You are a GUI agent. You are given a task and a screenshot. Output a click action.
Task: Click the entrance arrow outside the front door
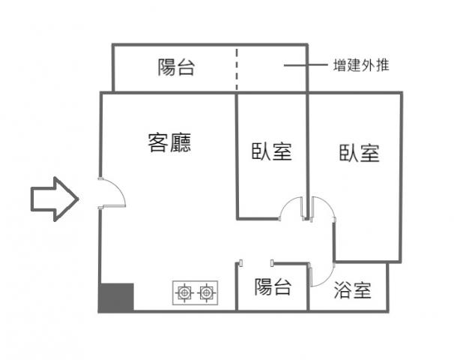(55, 199)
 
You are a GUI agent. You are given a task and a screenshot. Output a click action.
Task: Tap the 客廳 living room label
(169, 142)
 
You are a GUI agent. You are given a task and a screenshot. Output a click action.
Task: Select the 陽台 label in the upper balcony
(176, 67)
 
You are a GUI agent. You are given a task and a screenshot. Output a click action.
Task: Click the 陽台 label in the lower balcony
(273, 286)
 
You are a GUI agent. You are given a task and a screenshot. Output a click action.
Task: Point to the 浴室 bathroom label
(352, 290)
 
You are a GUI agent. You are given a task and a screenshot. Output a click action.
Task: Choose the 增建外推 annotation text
(361, 65)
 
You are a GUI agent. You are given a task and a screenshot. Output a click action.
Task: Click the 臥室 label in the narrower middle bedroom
(272, 151)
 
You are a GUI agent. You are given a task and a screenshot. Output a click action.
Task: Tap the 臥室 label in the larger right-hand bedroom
(360, 153)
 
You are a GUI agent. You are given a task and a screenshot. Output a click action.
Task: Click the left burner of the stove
(184, 292)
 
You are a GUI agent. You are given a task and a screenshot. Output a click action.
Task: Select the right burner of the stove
(207, 292)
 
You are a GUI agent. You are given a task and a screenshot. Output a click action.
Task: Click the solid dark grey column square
(116, 298)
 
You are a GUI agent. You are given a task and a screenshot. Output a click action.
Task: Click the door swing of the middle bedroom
(287, 203)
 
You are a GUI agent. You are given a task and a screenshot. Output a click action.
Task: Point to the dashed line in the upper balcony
(237, 70)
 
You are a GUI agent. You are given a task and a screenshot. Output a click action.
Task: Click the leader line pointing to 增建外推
(306, 65)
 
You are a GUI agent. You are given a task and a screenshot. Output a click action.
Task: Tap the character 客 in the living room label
(158, 142)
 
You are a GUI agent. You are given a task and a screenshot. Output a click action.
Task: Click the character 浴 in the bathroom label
(342, 290)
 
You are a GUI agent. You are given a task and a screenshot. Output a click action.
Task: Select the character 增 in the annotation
(339, 65)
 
